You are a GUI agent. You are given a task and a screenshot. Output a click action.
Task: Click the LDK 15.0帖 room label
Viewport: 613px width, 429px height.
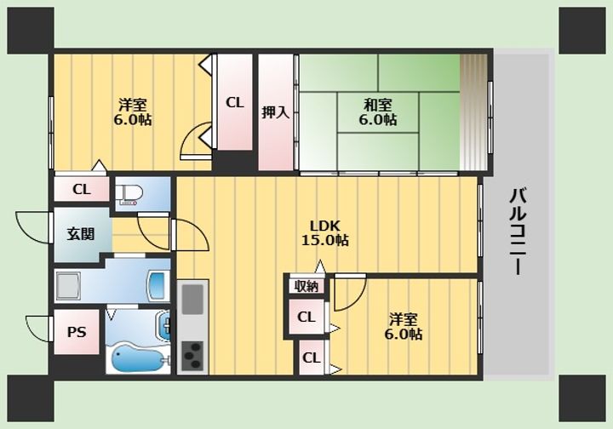[325, 233]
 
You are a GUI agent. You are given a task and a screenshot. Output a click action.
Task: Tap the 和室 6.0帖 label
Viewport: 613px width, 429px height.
[378, 112]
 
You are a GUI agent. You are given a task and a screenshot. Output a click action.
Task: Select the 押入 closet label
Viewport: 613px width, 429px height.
[276, 112]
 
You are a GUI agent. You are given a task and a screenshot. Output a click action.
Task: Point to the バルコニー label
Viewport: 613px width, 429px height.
[518, 232]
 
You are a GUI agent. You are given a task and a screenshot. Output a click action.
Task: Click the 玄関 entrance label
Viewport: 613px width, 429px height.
[81, 234]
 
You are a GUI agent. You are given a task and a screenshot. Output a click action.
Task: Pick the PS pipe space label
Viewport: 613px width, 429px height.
[77, 332]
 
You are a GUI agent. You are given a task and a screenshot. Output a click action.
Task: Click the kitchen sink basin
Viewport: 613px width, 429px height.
[192, 300]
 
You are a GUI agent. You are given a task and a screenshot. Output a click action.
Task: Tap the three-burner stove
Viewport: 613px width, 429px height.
[192, 356]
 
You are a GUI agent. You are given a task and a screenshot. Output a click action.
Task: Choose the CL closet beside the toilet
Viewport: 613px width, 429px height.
[82, 190]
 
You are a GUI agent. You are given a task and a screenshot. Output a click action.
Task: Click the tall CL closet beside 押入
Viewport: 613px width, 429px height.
[235, 102]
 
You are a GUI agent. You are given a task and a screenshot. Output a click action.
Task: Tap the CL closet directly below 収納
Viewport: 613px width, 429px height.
[306, 317]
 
